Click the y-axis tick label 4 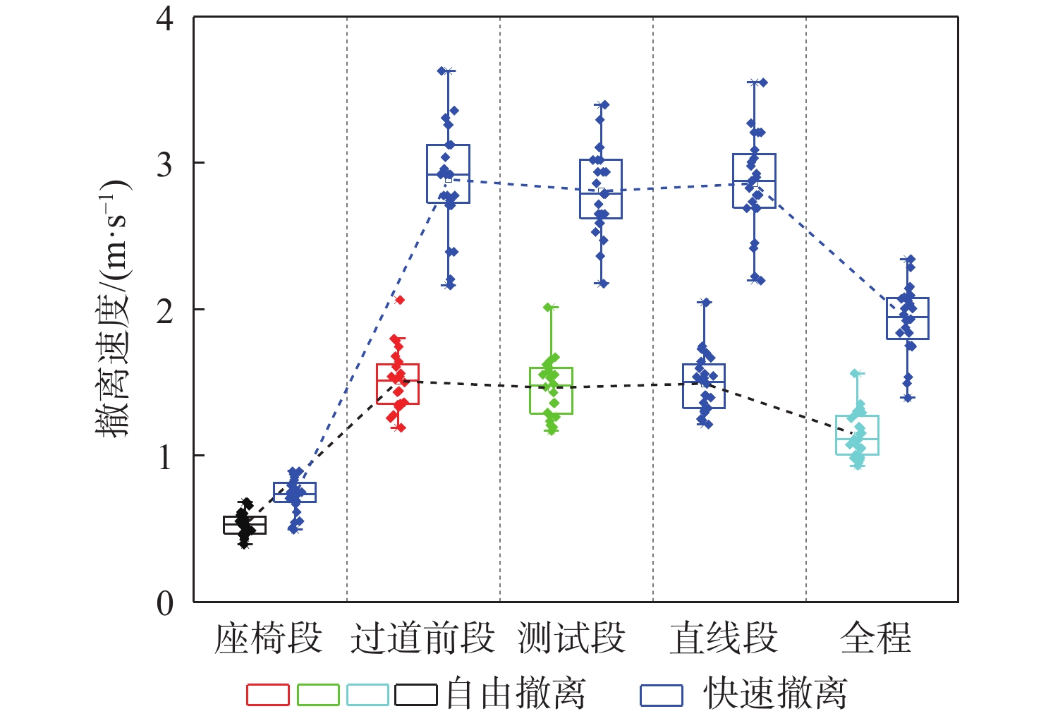click(165, 19)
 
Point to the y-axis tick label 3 click(165, 164)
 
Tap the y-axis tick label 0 click(165, 603)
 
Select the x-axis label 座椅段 click(269, 638)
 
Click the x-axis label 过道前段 click(422, 638)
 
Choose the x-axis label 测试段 click(571, 638)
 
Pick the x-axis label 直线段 click(724, 638)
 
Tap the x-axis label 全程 click(876, 638)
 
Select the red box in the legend click(268, 695)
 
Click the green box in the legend click(318, 695)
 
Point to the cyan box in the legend click(367, 695)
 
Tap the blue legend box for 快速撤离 click(662, 696)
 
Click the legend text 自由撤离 click(516, 693)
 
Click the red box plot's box click(398, 384)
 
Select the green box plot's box click(551, 391)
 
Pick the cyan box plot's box click(857, 435)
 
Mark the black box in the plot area click(245, 526)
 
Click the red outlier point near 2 click(400, 301)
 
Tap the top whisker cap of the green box click(551, 307)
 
